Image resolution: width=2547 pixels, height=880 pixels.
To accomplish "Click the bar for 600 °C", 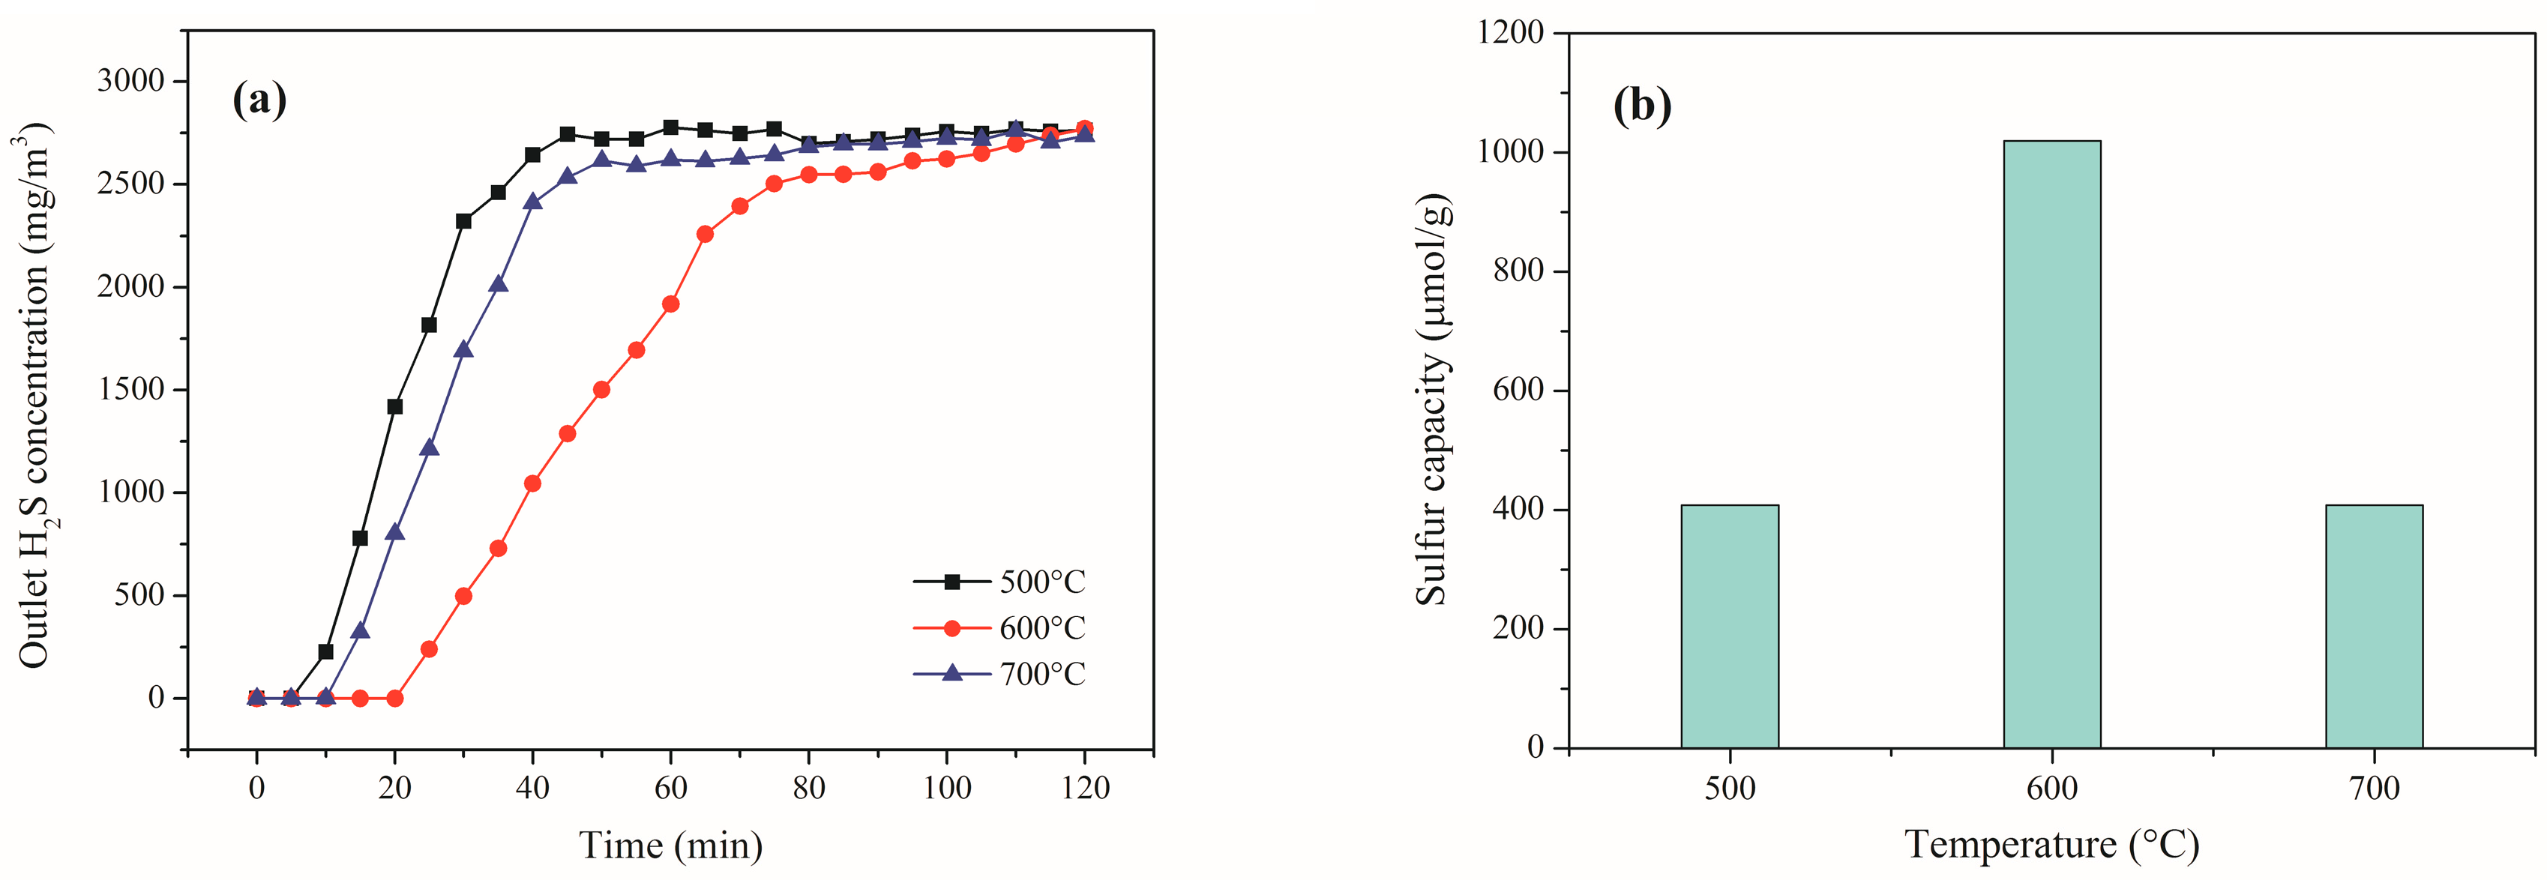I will pos(2051,445).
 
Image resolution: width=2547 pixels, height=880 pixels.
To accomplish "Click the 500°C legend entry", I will pos(999,582).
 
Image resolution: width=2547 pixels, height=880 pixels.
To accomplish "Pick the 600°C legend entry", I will pos(999,628).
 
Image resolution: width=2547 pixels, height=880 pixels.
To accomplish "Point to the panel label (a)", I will pos(259,100).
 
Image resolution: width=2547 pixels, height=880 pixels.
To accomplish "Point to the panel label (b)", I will pos(1641,105).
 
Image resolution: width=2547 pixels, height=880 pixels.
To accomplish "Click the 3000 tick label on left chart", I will pos(130,81).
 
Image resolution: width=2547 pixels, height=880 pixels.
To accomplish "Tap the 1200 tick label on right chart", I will pos(1510,33).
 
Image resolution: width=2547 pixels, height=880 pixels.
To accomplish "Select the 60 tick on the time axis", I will pos(670,788).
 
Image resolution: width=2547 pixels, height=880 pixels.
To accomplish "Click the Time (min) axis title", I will pos(670,846).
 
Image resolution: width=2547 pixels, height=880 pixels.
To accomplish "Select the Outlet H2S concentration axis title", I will pos(34,396).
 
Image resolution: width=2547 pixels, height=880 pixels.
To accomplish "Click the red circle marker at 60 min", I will pos(670,304).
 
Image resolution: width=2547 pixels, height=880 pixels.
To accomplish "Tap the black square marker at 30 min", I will pos(463,221).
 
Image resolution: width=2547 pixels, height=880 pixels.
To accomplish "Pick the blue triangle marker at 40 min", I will pos(533,202).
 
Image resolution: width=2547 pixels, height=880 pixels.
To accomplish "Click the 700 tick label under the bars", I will pos(2374,788).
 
